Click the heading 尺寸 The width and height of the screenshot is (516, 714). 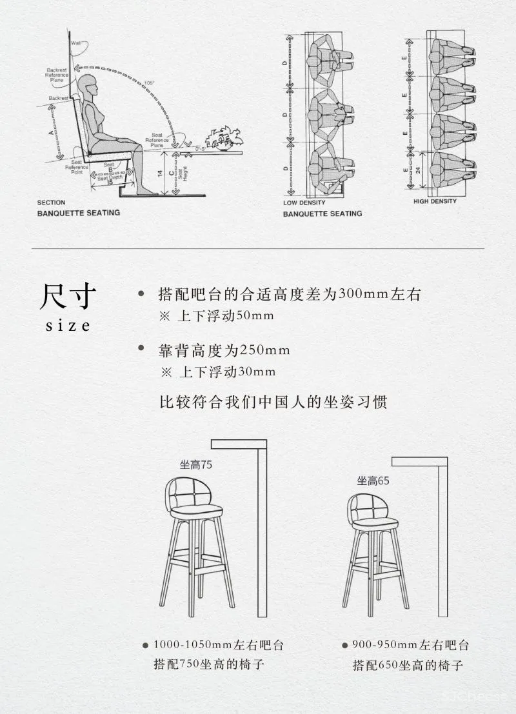(68, 297)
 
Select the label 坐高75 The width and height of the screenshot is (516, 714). (196, 464)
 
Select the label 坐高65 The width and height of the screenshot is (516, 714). (373, 481)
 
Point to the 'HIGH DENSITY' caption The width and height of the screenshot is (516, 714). (435, 201)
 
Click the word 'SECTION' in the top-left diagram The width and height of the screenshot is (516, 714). (51, 203)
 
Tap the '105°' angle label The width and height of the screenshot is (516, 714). (150, 83)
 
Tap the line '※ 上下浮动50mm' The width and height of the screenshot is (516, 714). (217, 316)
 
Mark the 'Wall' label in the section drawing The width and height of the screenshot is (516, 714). (76, 44)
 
